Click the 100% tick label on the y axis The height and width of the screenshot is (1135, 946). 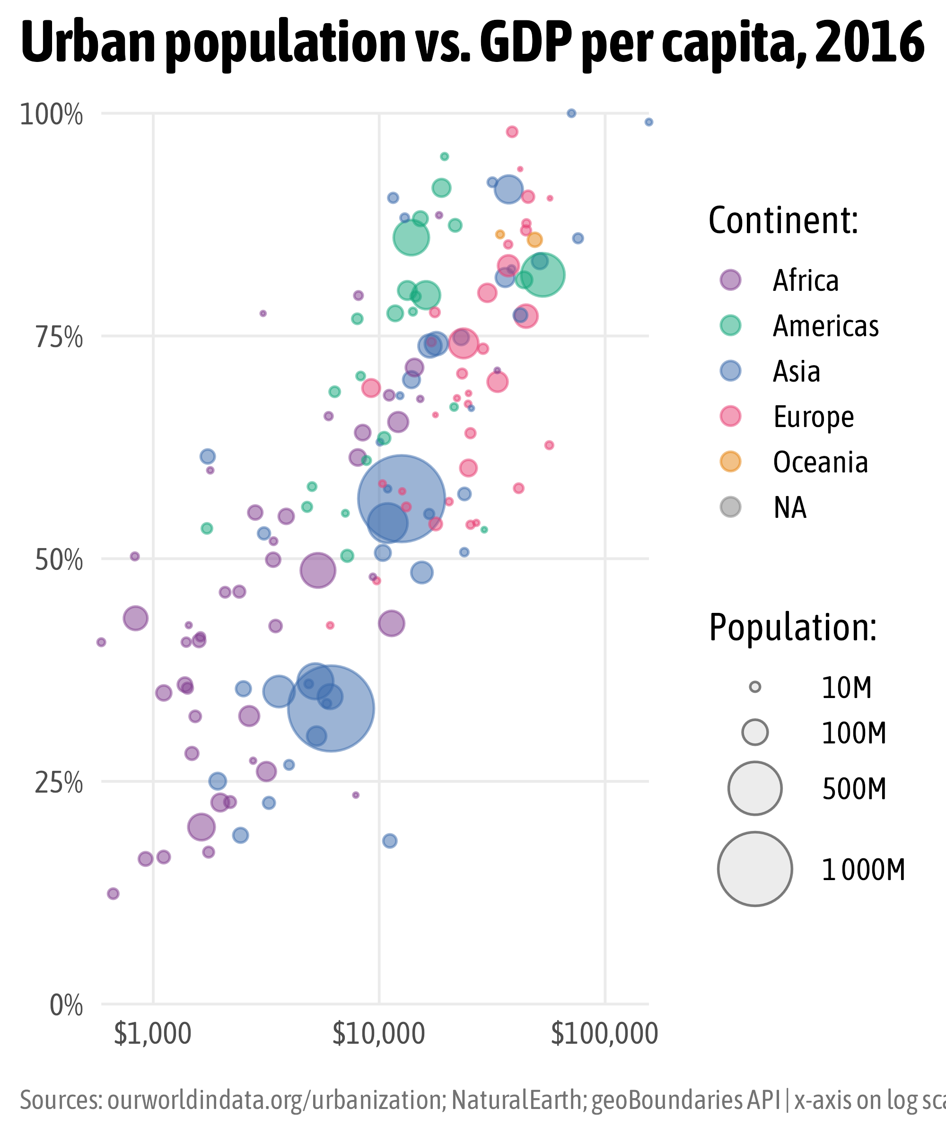52,115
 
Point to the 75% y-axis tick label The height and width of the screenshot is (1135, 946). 59,338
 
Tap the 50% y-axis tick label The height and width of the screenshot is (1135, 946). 59,561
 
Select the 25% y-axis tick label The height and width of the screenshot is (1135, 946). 59,784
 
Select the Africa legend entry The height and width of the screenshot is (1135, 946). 806,280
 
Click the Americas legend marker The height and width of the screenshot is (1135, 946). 730,326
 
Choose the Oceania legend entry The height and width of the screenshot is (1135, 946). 820,462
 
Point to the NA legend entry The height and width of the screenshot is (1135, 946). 789,507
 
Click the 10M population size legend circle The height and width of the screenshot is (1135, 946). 755,688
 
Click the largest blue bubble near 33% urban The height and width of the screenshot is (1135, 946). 331,708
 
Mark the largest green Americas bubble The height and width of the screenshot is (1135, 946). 542,275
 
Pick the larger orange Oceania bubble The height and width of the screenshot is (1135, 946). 534,239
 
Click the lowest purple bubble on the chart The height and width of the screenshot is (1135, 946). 113,894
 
